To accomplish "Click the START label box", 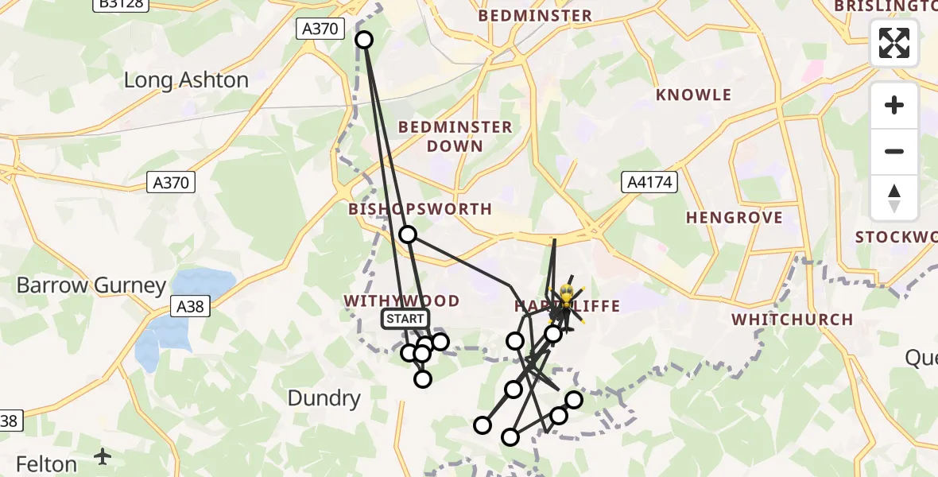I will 405,319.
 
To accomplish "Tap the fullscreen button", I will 894,43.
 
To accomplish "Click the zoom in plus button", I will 894,105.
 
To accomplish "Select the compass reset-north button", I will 894,198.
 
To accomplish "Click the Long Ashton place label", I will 187,80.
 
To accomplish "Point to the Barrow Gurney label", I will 92,285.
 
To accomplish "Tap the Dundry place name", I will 324,398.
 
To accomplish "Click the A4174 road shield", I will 648,183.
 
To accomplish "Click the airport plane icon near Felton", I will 103,456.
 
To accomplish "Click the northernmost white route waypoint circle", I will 364,39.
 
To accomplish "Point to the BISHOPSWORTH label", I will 421,209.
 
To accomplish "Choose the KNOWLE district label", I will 693,95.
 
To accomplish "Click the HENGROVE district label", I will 734,218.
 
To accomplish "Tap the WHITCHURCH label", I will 792,320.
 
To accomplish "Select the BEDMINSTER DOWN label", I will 455,136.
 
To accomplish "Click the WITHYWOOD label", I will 401,301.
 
